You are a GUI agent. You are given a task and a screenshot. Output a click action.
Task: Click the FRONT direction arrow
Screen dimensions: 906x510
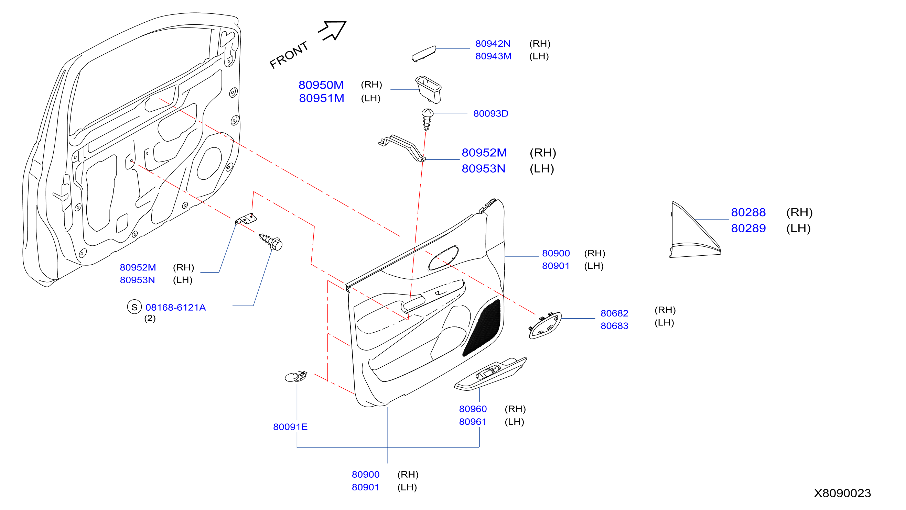332,30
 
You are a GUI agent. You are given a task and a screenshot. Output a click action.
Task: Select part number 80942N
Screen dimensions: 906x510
493,44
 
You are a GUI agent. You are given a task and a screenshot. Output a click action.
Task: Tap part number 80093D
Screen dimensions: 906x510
490,113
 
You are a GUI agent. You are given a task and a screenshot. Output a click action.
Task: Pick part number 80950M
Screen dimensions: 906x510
321,85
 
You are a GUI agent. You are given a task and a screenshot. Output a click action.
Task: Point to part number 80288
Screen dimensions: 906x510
748,212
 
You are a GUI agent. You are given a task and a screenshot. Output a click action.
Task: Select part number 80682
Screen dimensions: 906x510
614,313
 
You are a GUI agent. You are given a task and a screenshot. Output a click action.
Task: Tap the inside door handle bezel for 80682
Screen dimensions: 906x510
545,325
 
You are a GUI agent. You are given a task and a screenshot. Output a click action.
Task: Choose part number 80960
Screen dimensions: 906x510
473,409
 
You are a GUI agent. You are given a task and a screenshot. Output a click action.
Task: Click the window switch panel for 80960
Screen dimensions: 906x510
490,374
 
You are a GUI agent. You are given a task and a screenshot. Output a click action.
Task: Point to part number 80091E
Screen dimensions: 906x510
290,427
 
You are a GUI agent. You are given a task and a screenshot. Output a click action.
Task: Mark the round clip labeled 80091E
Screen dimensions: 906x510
296,376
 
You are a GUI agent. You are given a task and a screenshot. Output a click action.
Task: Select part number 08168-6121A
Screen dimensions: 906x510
175,308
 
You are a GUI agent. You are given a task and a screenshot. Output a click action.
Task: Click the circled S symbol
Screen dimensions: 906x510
134,307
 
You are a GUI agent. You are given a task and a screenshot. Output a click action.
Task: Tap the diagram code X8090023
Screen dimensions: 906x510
842,493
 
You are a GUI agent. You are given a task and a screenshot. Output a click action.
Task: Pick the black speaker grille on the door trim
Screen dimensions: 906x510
482,328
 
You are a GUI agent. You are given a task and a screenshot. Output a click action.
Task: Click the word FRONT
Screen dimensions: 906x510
288,55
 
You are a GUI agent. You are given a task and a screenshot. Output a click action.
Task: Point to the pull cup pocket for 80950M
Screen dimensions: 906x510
428,89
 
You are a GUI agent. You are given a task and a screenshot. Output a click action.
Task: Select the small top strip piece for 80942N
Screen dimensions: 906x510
424,54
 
